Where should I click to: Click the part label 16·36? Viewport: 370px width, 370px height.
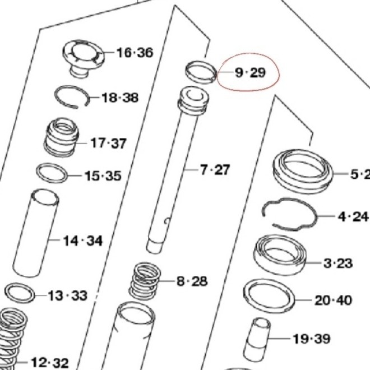pyautogui.click(x=135, y=53)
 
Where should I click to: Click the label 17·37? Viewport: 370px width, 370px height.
pyautogui.click(x=108, y=144)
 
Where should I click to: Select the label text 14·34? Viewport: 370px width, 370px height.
pyautogui.click(x=82, y=241)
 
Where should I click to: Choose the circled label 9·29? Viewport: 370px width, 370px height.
pyautogui.click(x=249, y=72)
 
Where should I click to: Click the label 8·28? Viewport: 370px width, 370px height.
pyautogui.click(x=192, y=280)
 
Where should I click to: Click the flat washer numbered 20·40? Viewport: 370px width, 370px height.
pyautogui.click(x=269, y=296)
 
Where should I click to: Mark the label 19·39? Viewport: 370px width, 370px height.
pyautogui.click(x=311, y=339)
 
